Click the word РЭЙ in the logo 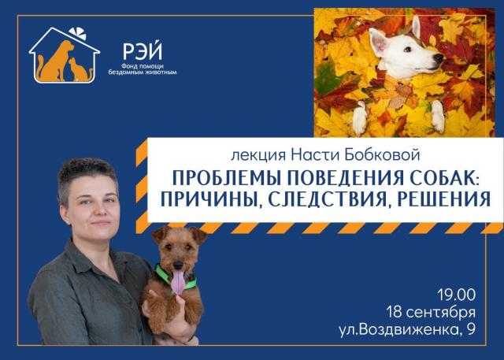click(143, 50)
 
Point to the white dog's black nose click(438, 58)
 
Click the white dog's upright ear click(416, 27)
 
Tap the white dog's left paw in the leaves click(359, 117)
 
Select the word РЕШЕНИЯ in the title click(443, 199)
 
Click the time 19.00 click(457, 295)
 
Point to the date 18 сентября click(431, 312)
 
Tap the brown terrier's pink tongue click(178, 281)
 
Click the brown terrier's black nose click(177, 265)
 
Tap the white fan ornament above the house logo click(78, 33)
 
